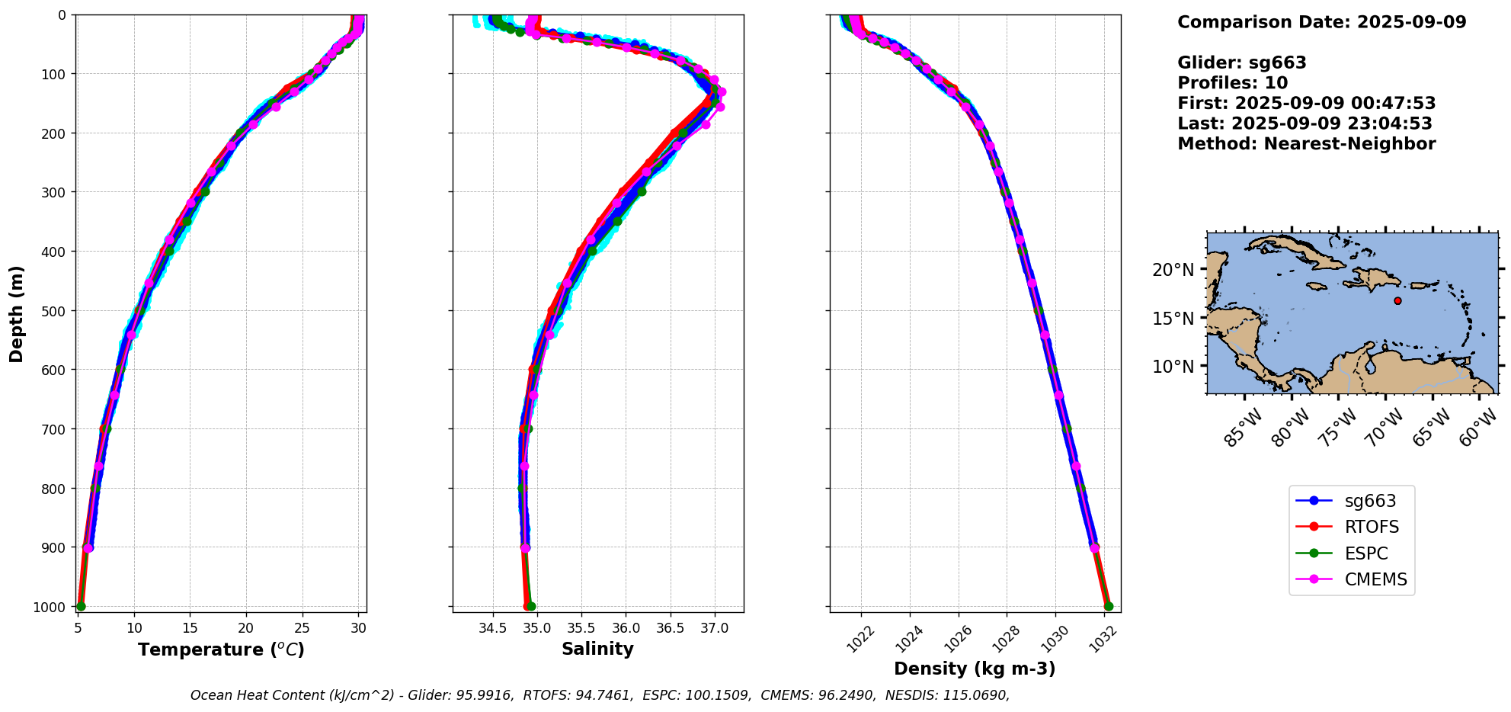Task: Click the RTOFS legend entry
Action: [x=1371, y=527]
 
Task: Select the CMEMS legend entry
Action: [x=1375, y=579]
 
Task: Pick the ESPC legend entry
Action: [x=1365, y=553]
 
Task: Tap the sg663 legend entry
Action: [x=1370, y=501]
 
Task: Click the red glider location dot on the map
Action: [x=1397, y=301]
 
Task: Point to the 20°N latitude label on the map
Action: [x=1173, y=270]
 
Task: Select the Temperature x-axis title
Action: [x=221, y=649]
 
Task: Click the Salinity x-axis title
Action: [x=597, y=649]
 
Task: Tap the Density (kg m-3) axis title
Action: [x=975, y=669]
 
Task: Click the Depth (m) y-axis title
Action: [x=17, y=313]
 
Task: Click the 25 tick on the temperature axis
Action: [x=303, y=628]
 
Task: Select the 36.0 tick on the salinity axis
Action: [x=626, y=628]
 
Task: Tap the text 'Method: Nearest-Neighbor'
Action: [x=1306, y=144]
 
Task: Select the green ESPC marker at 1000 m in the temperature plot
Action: [x=81, y=606]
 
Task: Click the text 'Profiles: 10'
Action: [x=1232, y=83]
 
